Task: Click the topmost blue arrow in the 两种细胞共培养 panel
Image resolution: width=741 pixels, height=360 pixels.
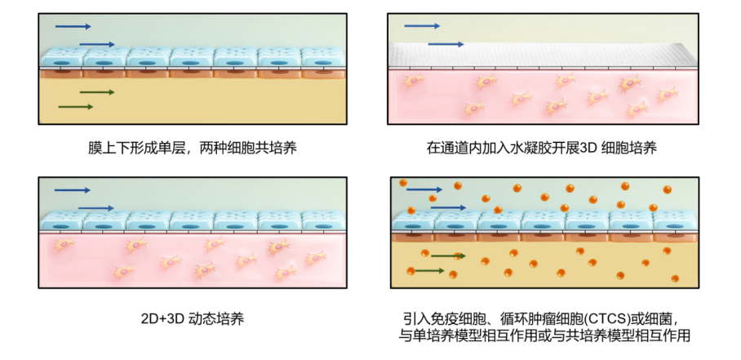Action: tap(73, 26)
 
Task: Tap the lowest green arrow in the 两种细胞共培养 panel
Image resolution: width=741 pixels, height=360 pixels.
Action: tap(76, 107)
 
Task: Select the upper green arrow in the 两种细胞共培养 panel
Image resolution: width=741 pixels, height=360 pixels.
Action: tap(97, 92)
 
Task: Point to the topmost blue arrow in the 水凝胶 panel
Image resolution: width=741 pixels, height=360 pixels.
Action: tap(422, 26)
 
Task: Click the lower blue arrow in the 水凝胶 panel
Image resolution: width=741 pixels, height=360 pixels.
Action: tap(446, 44)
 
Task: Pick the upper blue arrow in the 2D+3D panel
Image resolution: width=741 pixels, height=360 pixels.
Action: tap(73, 190)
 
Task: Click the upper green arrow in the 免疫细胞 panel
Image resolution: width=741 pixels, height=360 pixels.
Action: tap(449, 256)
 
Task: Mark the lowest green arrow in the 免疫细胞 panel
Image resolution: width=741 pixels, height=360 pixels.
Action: tap(427, 271)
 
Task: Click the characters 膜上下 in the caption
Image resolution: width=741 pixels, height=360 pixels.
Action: tap(105, 149)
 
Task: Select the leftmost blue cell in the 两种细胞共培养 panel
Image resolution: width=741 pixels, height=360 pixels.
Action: tap(62, 58)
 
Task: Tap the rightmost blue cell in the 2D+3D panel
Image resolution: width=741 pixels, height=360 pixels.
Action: tap(324, 221)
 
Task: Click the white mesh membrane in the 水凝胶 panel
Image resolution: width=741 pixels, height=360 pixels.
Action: tap(543, 56)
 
